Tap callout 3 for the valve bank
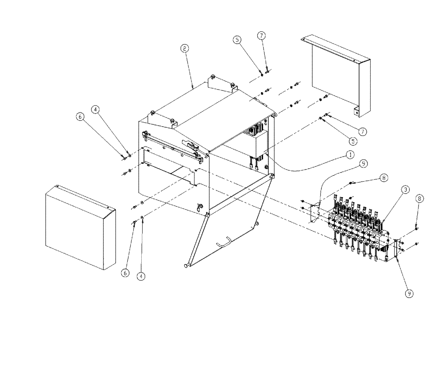[x=405, y=189]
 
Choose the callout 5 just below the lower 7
[x=352, y=141]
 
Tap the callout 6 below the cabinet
[x=125, y=272]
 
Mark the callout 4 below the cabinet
[x=141, y=276]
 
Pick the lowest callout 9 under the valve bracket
[x=409, y=294]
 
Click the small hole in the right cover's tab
[x=357, y=113]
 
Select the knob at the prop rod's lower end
[x=187, y=265]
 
